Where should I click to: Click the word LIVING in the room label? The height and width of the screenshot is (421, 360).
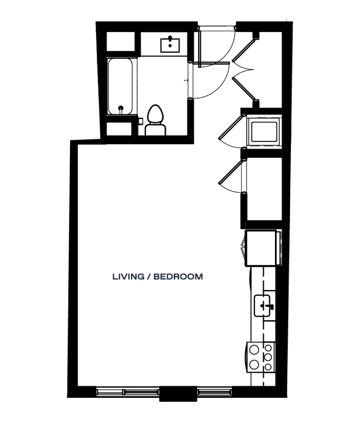(x=128, y=277)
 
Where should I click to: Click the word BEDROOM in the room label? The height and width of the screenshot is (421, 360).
(x=178, y=277)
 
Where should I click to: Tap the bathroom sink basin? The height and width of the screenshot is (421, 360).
(x=170, y=46)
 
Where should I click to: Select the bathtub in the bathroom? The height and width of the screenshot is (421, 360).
(x=120, y=87)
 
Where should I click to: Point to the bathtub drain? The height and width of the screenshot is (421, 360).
(x=121, y=108)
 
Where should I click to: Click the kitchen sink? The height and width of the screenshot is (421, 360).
(x=262, y=305)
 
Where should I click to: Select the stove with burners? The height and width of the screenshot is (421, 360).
(x=261, y=357)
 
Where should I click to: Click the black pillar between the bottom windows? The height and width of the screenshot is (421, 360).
(x=178, y=394)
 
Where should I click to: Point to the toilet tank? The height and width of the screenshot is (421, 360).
(x=155, y=130)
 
